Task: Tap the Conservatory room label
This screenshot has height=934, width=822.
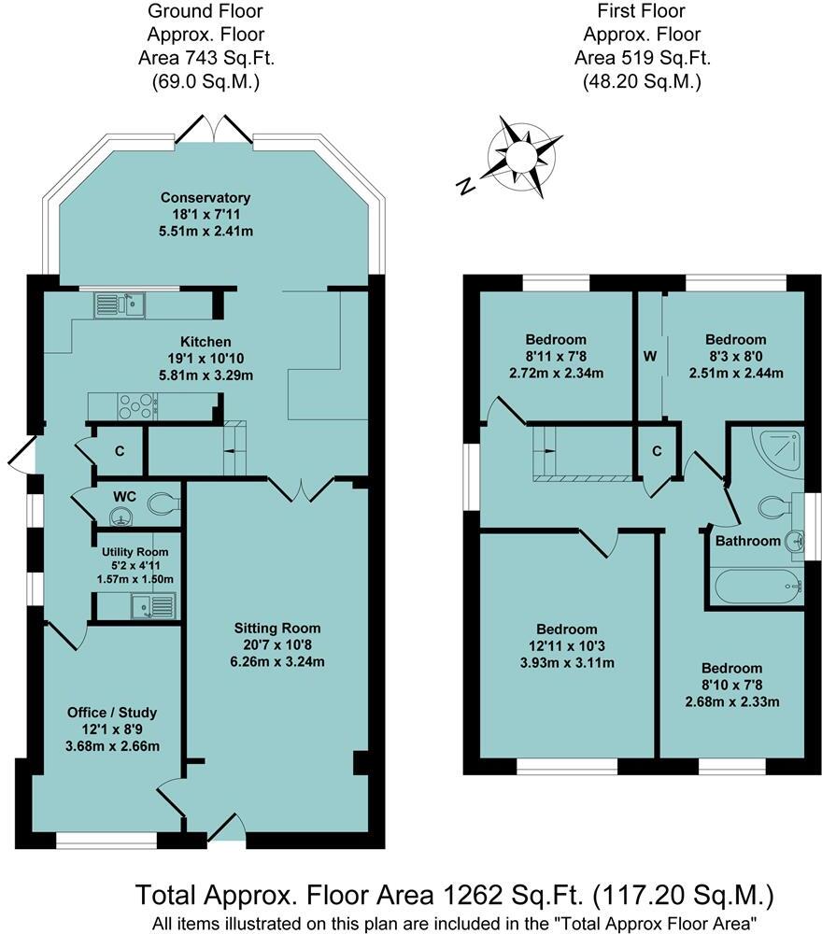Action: (x=205, y=198)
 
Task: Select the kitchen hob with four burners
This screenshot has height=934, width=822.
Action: (x=136, y=406)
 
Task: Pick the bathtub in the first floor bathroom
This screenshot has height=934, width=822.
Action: (x=756, y=587)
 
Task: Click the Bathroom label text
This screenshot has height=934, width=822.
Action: (x=747, y=541)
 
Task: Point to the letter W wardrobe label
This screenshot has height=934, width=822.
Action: (x=648, y=356)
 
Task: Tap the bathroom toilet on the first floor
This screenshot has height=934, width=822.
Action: (x=773, y=507)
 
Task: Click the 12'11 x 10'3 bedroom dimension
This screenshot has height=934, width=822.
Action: (x=567, y=646)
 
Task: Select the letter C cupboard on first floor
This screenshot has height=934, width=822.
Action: (x=657, y=451)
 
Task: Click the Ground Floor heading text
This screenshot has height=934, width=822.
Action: (x=205, y=12)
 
